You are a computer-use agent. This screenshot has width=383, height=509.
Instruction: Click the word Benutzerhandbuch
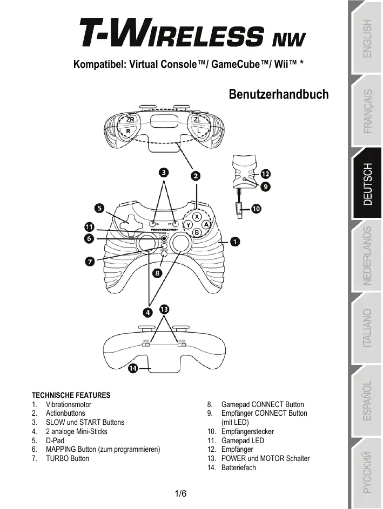(x=278, y=94)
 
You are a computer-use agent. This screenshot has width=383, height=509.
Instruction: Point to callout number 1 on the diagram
(x=236, y=242)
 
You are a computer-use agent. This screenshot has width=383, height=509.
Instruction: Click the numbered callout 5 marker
(x=100, y=207)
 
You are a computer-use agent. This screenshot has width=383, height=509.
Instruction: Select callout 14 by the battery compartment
(x=132, y=368)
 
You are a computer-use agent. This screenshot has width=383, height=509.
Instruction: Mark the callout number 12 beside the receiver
(x=266, y=174)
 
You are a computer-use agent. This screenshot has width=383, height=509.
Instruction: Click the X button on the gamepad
(x=197, y=215)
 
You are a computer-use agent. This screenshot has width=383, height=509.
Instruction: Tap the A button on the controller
(x=206, y=224)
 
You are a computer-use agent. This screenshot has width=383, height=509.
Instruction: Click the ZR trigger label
(x=130, y=120)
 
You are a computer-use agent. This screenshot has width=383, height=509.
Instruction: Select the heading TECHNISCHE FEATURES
(x=71, y=395)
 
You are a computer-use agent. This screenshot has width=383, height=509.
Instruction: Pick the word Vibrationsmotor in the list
(x=69, y=404)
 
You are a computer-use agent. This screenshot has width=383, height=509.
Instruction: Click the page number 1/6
(x=181, y=494)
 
